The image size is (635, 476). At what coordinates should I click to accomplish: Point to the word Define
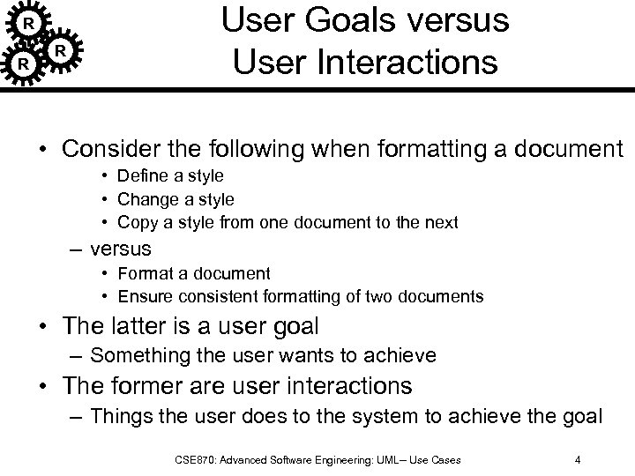click(144, 176)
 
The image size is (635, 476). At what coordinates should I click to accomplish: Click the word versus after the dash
click(121, 249)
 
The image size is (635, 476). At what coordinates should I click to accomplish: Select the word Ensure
click(144, 297)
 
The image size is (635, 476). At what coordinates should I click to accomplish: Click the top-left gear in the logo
click(28, 21)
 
